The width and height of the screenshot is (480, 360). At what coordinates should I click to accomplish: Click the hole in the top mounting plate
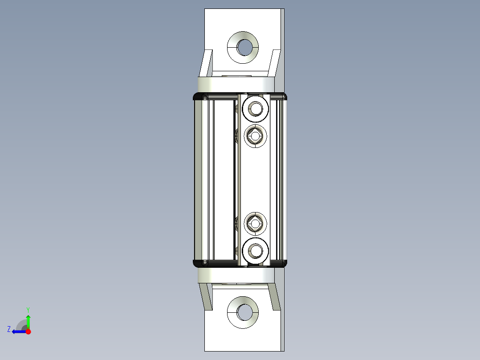tap(244, 47)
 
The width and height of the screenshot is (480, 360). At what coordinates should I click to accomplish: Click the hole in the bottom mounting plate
tap(244, 312)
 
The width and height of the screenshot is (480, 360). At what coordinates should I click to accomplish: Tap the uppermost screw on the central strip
tap(256, 108)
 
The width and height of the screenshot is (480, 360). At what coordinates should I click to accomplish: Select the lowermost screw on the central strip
tap(256, 251)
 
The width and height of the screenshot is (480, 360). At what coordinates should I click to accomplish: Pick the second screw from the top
tap(256, 135)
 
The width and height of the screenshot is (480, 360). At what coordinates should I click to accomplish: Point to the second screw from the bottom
tap(256, 223)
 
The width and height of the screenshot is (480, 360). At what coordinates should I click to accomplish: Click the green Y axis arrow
tap(28, 320)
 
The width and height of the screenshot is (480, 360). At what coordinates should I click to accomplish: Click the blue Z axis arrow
tap(18, 331)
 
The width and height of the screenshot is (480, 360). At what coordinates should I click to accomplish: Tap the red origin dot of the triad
tap(28, 331)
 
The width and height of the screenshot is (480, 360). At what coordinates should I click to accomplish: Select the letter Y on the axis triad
tap(28, 309)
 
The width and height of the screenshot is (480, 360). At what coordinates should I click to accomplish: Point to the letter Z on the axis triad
tap(9, 329)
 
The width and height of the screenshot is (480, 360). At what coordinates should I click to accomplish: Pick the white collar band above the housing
tap(236, 83)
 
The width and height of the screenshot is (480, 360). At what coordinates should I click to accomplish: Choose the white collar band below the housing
tap(236, 275)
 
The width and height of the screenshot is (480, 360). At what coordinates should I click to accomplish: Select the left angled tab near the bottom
tap(206, 296)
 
